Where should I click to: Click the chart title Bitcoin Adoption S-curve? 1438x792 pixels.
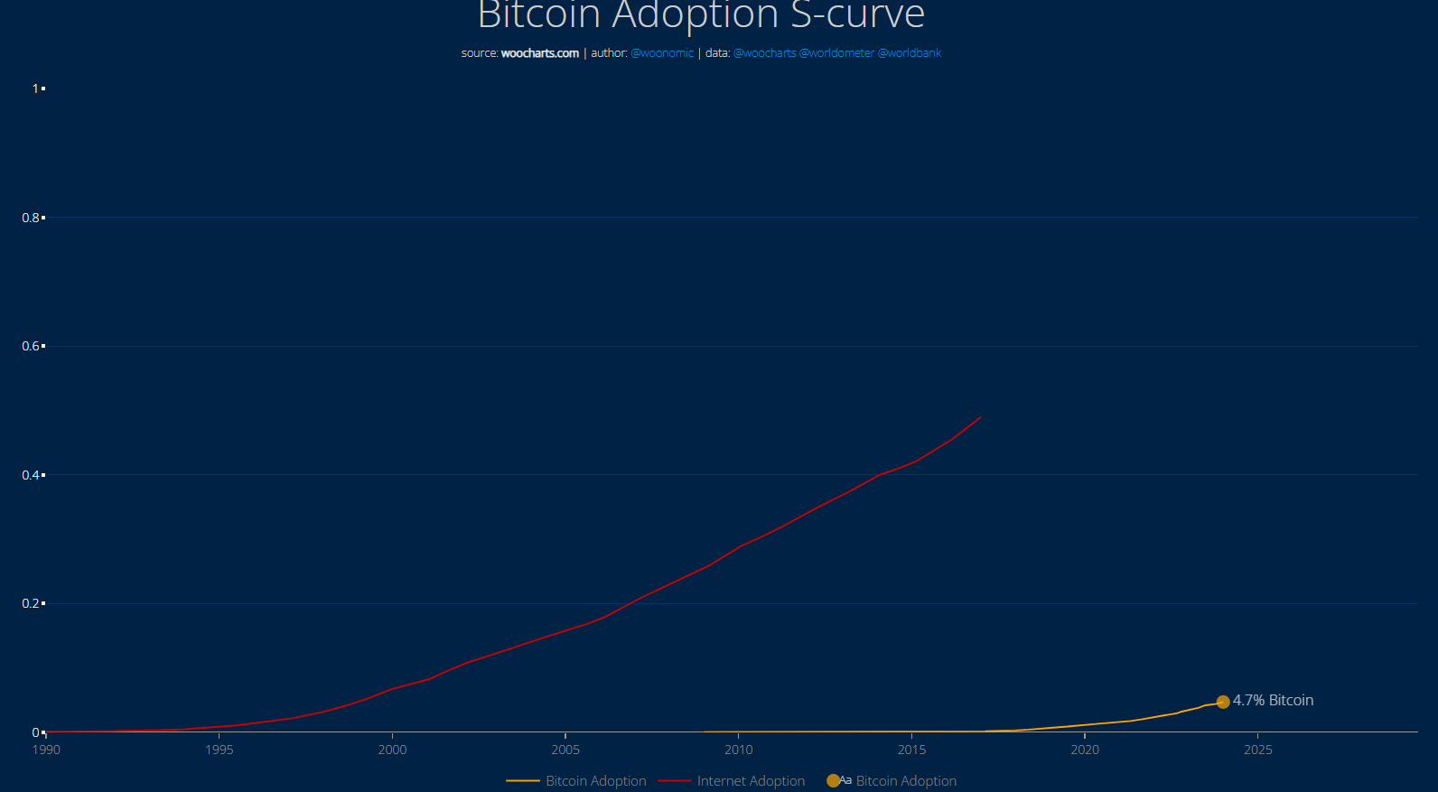pyautogui.click(x=701, y=15)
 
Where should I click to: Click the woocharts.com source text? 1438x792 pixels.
pyautogui.click(x=539, y=53)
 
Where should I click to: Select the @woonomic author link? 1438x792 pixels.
pyautogui.click(x=662, y=53)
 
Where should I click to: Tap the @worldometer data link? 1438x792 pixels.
pyautogui.click(x=836, y=53)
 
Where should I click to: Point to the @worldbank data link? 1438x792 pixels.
pyautogui.click(x=910, y=53)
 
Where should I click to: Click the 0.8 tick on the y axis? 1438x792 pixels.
pyautogui.click(x=31, y=218)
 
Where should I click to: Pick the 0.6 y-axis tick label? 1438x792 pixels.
pyautogui.click(x=31, y=347)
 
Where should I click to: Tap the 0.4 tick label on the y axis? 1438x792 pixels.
pyautogui.click(x=31, y=475)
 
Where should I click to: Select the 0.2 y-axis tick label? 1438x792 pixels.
pyautogui.click(x=31, y=604)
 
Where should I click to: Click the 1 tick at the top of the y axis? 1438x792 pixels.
pyautogui.click(x=35, y=89)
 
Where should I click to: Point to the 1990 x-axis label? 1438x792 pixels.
pyautogui.click(x=46, y=750)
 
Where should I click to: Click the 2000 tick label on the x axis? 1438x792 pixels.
pyautogui.click(x=392, y=750)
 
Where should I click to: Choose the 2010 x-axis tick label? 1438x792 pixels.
pyautogui.click(x=739, y=750)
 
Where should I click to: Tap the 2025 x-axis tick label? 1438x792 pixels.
pyautogui.click(x=1258, y=750)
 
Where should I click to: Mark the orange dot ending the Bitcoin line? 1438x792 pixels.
pyautogui.click(x=1223, y=702)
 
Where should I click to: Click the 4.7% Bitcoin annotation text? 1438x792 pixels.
pyautogui.click(x=1273, y=701)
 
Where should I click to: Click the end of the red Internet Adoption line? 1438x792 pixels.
pyautogui.click(x=980, y=418)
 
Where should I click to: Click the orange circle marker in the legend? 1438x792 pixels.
pyautogui.click(x=833, y=781)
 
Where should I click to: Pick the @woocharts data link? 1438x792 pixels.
pyautogui.click(x=764, y=53)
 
